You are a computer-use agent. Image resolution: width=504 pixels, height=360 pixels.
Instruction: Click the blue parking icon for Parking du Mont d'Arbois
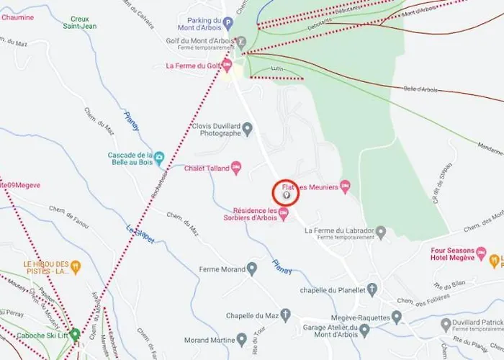(x=228, y=23)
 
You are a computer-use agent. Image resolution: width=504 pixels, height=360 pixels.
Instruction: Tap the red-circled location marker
(x=286, y=193)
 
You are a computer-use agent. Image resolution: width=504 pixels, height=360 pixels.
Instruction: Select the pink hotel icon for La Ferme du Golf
(x=227, y=66)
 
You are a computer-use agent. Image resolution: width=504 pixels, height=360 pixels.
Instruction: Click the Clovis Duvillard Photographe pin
(x=248, y=129)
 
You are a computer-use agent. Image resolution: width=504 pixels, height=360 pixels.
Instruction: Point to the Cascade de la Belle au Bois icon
(x=160, y=156)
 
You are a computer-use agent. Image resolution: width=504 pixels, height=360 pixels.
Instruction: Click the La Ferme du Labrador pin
(x=382, y=231)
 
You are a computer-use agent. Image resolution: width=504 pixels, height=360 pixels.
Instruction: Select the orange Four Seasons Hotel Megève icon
(x=494, y=258)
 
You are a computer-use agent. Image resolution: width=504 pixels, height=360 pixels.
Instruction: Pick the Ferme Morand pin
(x=251, y=269)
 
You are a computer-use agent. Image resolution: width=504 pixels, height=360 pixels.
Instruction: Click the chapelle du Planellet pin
(x=372, y=289)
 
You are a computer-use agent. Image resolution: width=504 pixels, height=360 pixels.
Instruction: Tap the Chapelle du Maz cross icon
(x=286, y=315)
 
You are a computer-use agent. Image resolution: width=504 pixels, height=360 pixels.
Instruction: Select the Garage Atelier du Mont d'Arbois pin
(x=364, y=330)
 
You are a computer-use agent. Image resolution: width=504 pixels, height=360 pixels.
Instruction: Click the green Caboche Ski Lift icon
(x=75, y=334)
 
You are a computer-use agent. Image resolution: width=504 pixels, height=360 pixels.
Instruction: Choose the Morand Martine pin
(x=242, y=339)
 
